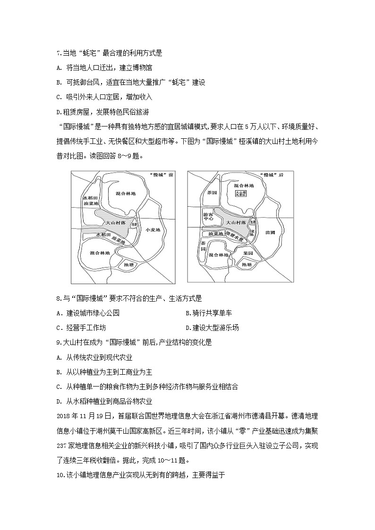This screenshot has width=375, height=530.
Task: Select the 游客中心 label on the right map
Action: pos(208,216)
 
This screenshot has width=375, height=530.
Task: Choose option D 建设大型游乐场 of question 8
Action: pos(213,328)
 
